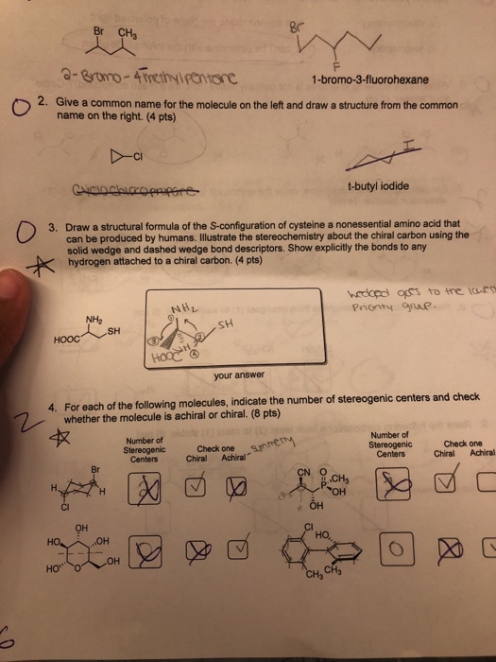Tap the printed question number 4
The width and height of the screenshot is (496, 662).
pyautogui.click(x=54, y=409)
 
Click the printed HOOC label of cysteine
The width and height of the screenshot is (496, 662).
pyautogui.click(x=74, y=340)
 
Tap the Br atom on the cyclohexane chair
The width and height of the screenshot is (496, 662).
pyautogui.click(x=94, y=467)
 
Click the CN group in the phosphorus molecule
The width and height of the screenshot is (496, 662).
pyautogui.click(x=306, y=470)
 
